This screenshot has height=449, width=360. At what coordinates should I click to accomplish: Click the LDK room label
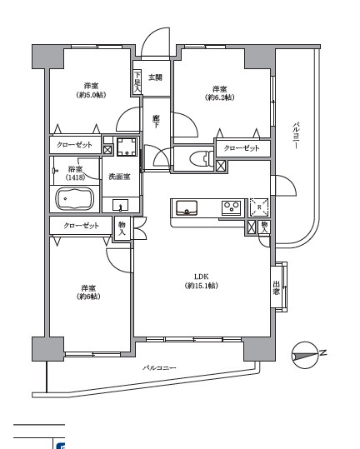point(201,281)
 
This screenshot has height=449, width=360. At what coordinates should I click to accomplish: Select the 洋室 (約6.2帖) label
point(219,93)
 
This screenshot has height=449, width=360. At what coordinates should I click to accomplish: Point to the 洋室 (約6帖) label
point(87,292)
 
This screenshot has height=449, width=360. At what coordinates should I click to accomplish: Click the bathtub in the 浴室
point(76,200)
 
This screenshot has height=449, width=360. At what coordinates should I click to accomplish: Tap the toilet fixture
point(197,158)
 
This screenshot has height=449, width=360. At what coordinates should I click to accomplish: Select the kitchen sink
point(186,207)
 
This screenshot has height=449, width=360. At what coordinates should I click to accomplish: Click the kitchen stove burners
point(230,207)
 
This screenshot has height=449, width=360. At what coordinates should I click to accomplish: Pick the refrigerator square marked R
point(259,207)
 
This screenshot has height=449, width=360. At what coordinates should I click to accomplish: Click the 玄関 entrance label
point(156,78)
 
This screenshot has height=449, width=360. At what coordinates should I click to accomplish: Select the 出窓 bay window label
point(276,288)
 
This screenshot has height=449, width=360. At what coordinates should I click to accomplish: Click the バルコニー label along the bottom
point(158,367)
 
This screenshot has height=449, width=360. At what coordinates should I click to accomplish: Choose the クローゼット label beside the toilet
point(242,148)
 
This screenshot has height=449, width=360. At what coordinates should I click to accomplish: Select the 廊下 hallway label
point(156,121)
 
